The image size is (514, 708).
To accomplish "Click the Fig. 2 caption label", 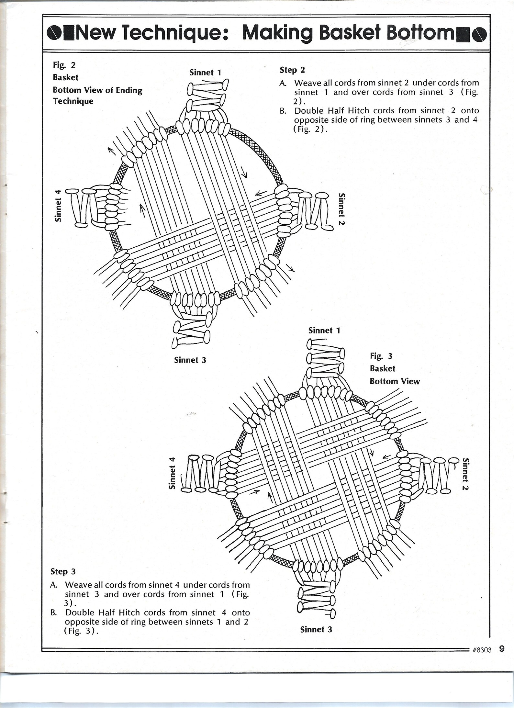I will [64, 65].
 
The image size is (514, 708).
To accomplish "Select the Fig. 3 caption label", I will [381, 356].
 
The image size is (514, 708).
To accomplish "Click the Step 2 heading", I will [292, 70].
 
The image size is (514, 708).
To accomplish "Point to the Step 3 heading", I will [63, 571].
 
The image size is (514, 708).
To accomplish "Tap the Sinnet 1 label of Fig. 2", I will [205, 73].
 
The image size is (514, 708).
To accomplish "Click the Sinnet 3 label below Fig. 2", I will [190, 360].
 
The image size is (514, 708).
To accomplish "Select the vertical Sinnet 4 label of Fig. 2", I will [58, 205].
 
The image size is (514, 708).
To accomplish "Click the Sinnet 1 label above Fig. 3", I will [324, 331].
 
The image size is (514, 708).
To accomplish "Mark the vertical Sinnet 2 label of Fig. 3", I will [465, 474].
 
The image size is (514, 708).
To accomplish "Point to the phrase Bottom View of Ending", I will [97, 90].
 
